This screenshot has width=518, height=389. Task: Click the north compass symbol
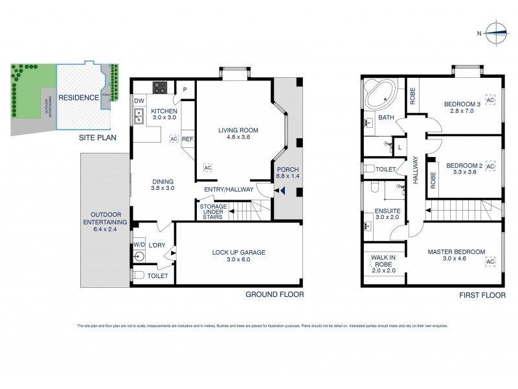(x=495, y=32)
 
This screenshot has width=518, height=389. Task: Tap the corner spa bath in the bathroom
(x=379, y=94)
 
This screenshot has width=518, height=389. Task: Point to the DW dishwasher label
(x=139, y=101)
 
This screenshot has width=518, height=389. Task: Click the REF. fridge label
(x=188, y=139)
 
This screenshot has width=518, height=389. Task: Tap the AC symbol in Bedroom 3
(x=490, y=100)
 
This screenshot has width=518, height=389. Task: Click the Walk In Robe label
(x=383, y=261)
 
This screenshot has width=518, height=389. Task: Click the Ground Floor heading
(x=274, y=294)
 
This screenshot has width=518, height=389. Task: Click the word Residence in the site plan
(x=78, y=98)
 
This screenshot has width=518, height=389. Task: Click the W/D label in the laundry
(x=139, y=245)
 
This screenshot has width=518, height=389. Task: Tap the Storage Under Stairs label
(x=212, y=211)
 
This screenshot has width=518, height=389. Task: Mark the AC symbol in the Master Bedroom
(x=490, y=261)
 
